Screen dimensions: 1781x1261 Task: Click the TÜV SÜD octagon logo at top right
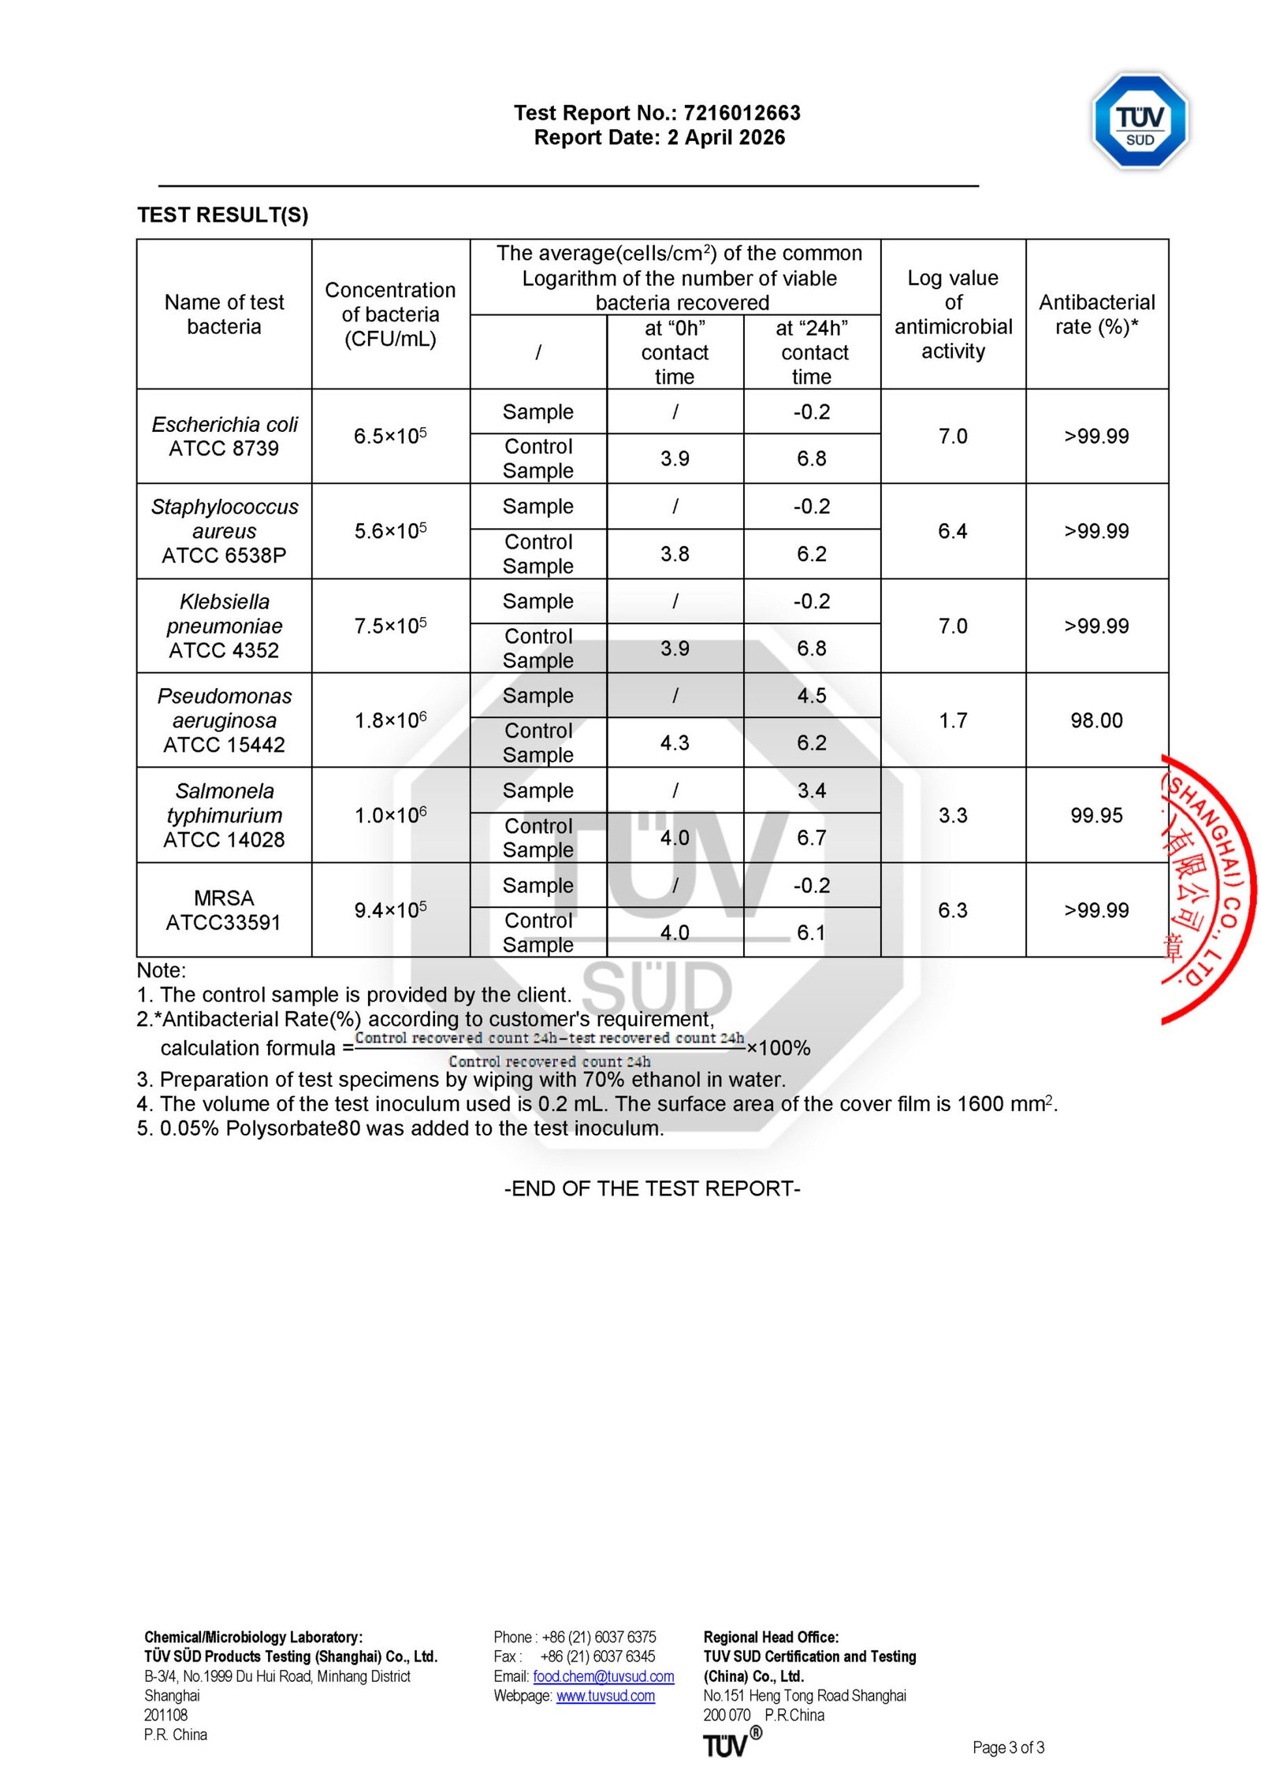pyautogui.click(x=1140, y=121)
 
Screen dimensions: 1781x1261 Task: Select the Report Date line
pyautogui.click(x=659, y=138)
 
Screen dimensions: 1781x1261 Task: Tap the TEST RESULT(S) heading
pyautogui.click(x=222, y=215)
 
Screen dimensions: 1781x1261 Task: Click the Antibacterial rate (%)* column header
pyautogui.click(x=1096, y=314)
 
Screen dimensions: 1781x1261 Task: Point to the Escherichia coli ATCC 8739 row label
pyautogui.click(x=225, y=436)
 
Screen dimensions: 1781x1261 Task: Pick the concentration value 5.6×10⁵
pyautogui.click(x=390, y=531)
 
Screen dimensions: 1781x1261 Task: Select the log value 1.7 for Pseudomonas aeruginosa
pyautogui.click(x=952, y=720)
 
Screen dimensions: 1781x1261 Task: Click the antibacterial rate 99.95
pyautogui.click(x=1096, y=815)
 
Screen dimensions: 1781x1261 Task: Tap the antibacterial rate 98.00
pyautogui.click(x=1096, y=720)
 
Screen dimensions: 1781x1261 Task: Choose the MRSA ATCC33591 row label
pyautogui.click(x=224, y=910)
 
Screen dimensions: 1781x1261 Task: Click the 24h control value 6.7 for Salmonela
pyautogui.click(x=811, y=838)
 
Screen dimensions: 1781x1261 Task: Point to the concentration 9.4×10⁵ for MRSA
pyautogui.click(x=390, y=910)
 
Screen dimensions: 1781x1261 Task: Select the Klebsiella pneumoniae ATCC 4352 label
pyautogui.click(x=225, y=626)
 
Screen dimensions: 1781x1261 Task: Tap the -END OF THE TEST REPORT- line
pyautogui.click(x=652, y=1188)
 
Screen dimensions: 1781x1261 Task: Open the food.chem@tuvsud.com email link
pyautogui.click(x=603, y=1676)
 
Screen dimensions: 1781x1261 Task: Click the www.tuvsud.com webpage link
pyautogui.click(x=605, y=1696)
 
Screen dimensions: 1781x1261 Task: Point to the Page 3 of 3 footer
pyautogui.click(x=1008, y=1748)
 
